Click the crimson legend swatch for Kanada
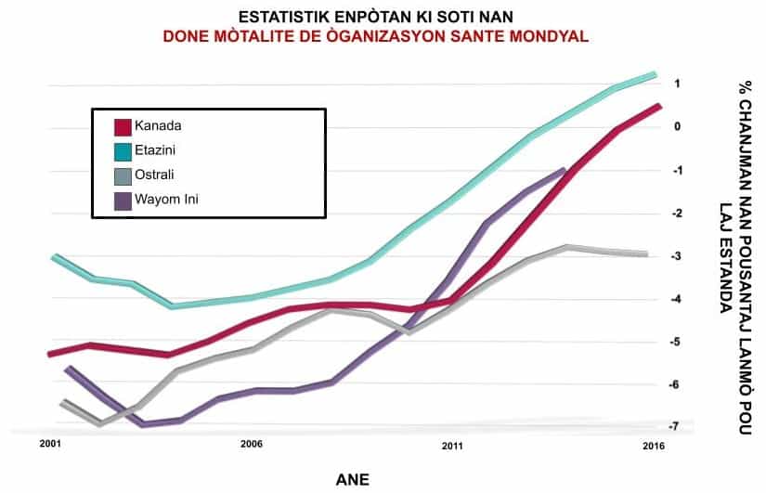pos(122,125)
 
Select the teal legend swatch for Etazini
pos(122,149)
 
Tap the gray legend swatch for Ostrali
pos(122,175)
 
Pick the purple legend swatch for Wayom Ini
pos(122,199)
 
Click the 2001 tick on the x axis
pos(50,445)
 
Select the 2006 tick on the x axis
pos(251,445)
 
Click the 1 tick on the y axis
pos(678,84)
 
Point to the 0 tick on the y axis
pos(678,127)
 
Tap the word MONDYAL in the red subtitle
pos(546,35)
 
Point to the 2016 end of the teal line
pos(656,74)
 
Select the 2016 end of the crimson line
pos(659,106)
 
